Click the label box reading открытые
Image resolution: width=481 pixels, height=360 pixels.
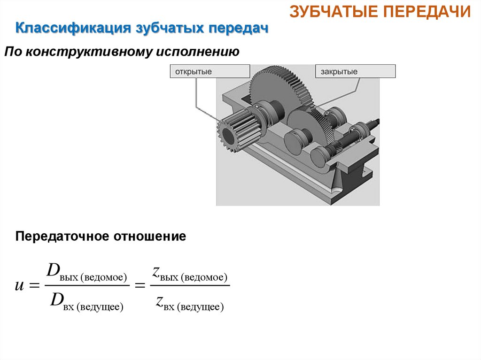(209, 71)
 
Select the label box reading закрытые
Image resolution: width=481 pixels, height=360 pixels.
(355, 71)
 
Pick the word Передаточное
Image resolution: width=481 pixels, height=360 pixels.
(61, 237)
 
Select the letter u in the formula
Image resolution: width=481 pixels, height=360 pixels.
(19, 285)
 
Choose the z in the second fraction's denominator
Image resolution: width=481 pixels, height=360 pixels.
(160, 300)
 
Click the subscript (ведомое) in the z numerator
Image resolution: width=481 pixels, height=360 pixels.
(205, 277)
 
